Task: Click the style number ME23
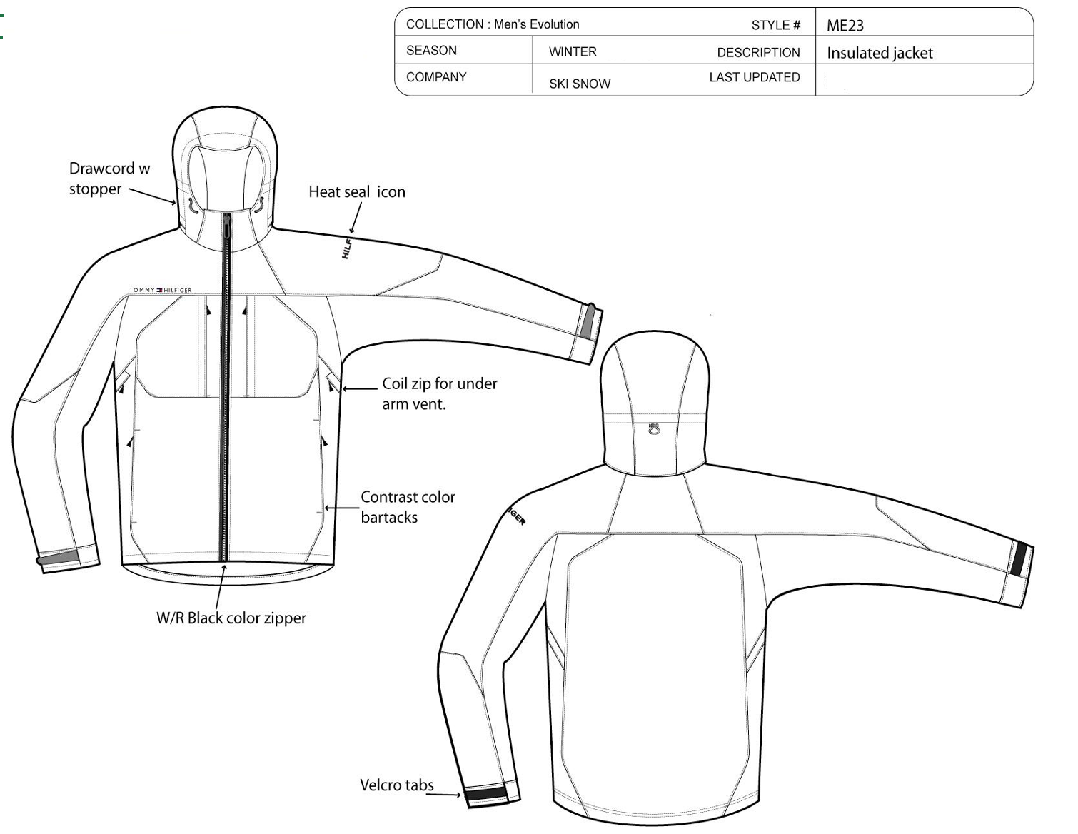coord(845,26)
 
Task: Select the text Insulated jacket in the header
coord(880,53)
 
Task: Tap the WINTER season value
coord(573,51)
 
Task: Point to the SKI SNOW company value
coord(580,84)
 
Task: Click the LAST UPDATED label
coord(755,77)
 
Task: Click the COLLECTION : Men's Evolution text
coord(493,24)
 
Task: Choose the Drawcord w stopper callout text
coord(109,179)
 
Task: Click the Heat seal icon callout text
coord(357,191)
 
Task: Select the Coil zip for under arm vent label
coord(439,393)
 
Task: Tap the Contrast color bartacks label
coord(408,506)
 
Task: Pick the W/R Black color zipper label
coord(231,618)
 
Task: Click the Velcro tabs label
coord(397,785)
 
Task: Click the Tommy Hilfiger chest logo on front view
coord(160,291)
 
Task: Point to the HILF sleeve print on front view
coord(347,248)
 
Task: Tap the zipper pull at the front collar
coord(227,228)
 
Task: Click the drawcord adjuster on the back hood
coord(654,431)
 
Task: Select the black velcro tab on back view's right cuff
coord(1020,558)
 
